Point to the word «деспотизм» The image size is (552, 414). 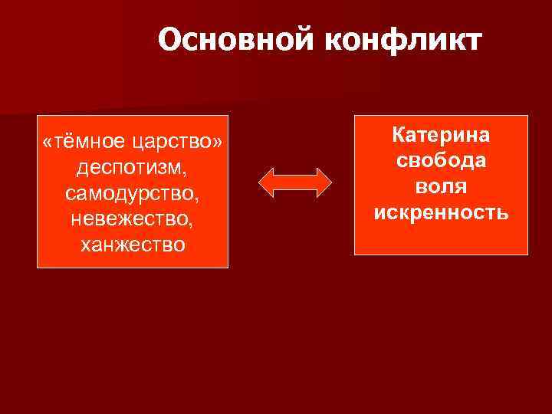[131, 167]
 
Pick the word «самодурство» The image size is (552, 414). [131, 193]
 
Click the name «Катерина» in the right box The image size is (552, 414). [441, 135]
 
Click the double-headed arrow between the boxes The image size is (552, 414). [294, 182]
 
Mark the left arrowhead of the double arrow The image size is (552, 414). [266, 182]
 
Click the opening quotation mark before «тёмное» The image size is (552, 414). [48, 143]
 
